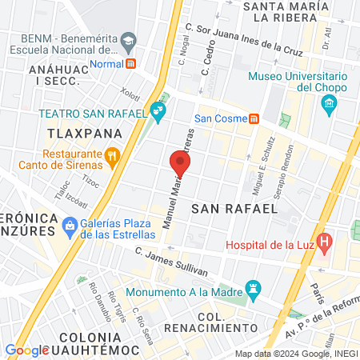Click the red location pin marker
181,164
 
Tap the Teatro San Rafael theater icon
158,114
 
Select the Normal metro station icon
131,63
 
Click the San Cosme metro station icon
254,118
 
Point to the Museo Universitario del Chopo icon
328,104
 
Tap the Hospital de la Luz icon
324,241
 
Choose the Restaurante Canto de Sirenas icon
113,155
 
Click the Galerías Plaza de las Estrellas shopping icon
71,225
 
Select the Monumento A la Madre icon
253,286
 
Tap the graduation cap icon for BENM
128,40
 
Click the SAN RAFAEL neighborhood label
234,208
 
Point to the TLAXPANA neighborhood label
84,133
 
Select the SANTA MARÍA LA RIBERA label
300,14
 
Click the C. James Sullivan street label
171,263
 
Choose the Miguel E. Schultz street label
258,170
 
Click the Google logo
27,350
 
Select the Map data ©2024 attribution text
296,353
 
